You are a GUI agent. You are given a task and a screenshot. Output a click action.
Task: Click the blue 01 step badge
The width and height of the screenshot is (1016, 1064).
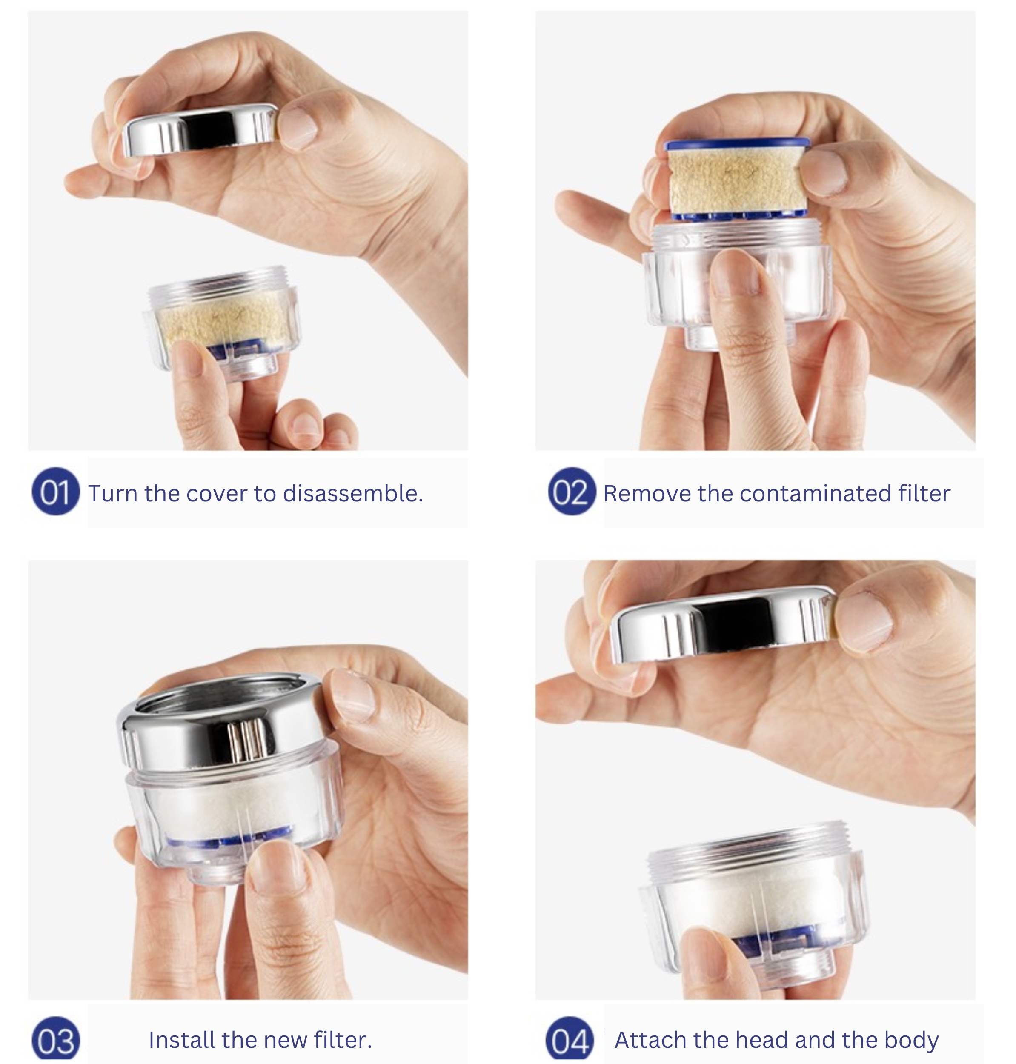click(x=56, y=492)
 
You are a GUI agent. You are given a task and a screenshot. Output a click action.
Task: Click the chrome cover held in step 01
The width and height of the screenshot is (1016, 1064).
click(x=200, y=130)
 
